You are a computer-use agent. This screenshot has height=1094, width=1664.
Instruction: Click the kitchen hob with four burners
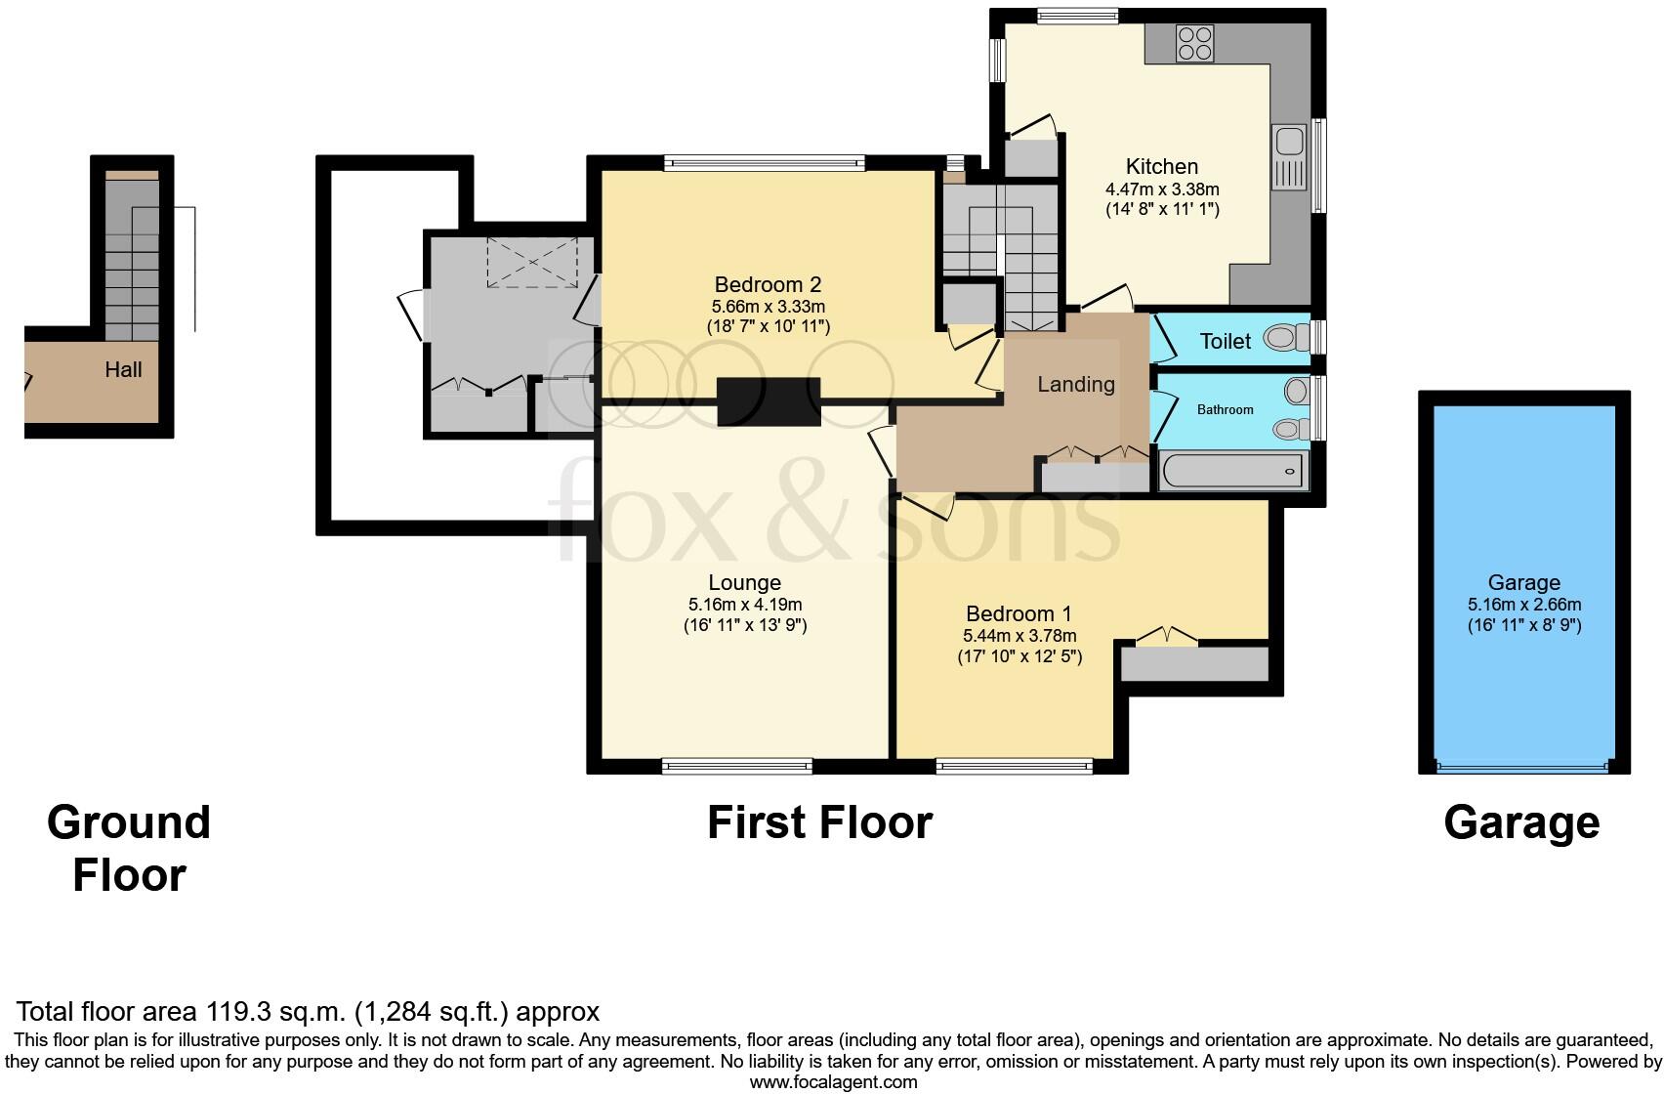1194,43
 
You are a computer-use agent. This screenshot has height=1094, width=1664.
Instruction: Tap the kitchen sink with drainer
1289,157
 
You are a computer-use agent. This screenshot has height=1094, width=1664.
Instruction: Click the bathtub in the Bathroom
1233,471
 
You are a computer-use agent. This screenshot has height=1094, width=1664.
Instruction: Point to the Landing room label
1076,384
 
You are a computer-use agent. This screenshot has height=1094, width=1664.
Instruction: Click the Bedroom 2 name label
768,284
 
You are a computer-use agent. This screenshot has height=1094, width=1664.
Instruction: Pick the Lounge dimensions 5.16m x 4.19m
745,605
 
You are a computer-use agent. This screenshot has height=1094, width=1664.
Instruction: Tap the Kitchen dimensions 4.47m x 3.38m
1162,189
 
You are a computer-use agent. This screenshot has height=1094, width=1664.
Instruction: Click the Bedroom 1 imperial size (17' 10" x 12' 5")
1019,657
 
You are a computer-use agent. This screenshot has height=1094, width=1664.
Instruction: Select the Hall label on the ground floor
123,369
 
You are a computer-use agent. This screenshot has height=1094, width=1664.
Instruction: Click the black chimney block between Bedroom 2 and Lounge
769,402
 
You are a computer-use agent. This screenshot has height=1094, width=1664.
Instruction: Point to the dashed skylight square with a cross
532,262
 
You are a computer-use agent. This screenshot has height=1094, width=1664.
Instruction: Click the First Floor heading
819,822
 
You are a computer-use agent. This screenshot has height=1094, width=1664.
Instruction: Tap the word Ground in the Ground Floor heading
129,822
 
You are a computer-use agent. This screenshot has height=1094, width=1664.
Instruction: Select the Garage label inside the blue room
1523,583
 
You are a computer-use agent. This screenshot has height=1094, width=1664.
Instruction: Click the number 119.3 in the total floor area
235,1012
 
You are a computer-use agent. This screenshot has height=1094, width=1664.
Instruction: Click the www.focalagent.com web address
833,1082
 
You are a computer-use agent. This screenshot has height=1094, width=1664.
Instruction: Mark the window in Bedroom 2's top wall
765,163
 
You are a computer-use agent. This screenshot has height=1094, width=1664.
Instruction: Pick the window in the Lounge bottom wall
737,766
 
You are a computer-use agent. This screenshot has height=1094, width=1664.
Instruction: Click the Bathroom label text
1225,409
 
